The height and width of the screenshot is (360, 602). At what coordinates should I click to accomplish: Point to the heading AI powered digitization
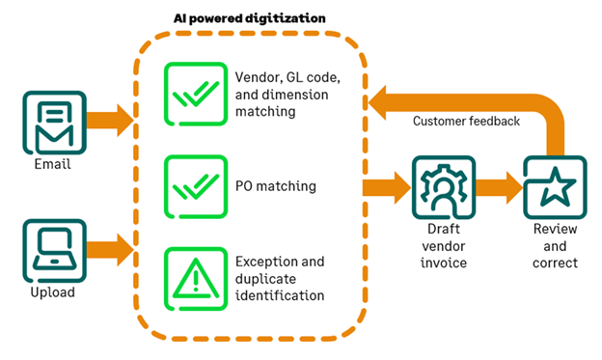(249, 18)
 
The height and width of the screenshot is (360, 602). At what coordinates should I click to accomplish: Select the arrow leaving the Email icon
(109, 122)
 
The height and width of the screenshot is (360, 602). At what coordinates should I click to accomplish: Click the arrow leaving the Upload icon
(109, 249)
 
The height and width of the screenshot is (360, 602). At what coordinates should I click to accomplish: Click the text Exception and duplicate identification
(279, 278)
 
